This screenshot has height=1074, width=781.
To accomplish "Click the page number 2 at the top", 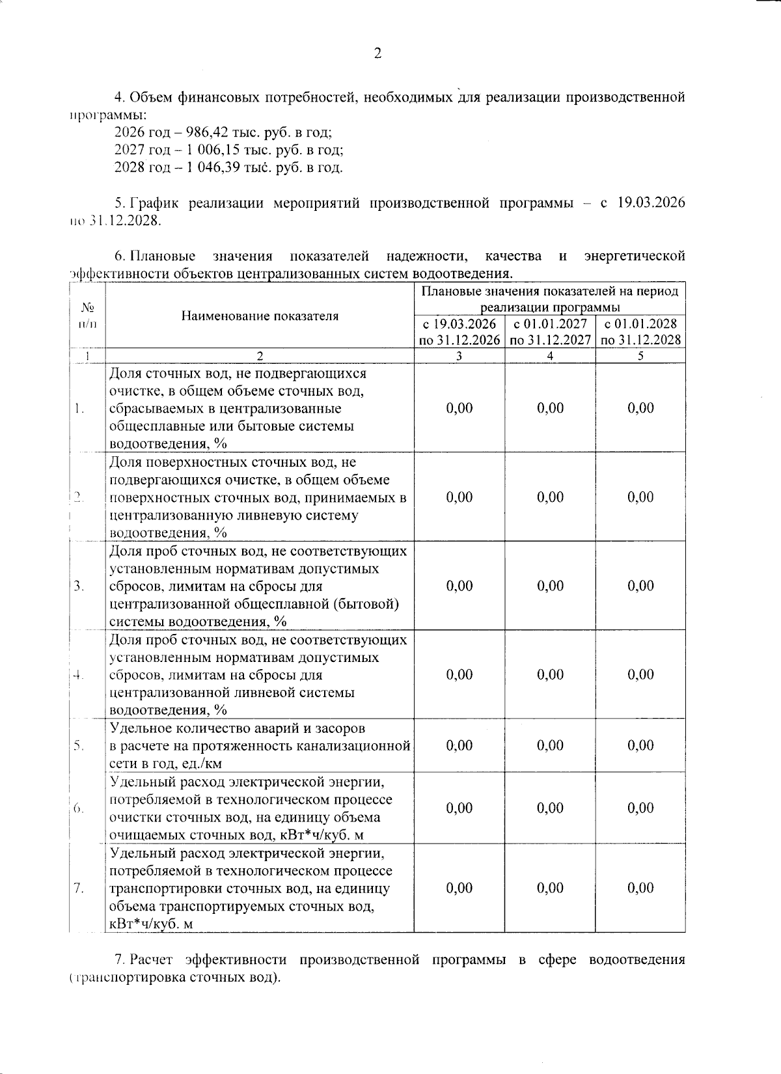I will [377, 54].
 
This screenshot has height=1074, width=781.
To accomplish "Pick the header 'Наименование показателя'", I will [260, 316].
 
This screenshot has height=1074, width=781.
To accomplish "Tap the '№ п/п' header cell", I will [87, 316].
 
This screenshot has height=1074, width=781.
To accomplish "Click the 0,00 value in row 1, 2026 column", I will [459, 408].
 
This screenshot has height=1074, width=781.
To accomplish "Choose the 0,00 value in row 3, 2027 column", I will [551, 586].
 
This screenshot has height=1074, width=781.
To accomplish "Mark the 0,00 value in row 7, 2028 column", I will [641, 888].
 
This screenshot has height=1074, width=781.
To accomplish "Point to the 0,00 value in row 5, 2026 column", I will [459, 745].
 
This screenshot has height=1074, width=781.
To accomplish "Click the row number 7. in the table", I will [79, 888].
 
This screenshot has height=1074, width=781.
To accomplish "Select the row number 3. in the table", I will [79, 586].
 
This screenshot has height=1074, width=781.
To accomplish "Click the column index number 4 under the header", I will [551, 356].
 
